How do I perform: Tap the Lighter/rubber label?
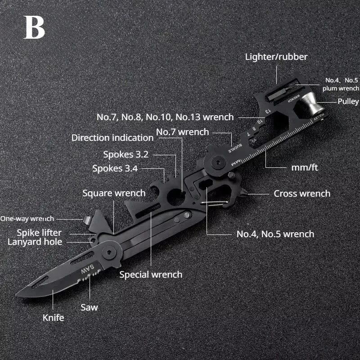point(276,57)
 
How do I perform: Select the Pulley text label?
point(348,101)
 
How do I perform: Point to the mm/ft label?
point(305,167)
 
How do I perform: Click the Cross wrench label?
point(302,193)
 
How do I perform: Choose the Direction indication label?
point(112,138)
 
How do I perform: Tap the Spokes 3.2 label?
point(126,154)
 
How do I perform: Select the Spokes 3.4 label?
point(115,169)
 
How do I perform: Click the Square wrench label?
point(114,193)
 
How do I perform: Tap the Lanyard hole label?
point(35,242)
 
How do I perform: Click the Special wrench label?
point(151,274)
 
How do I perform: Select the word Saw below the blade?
point(90,307)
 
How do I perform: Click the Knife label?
point(54,317)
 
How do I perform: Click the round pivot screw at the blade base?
point(108,252)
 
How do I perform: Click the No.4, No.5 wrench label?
point(275,234)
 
